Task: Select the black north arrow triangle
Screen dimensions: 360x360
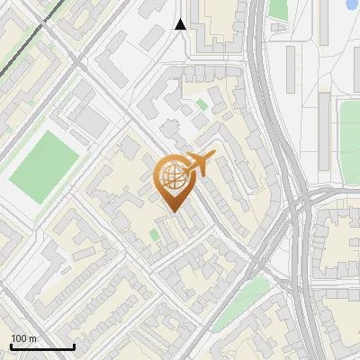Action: pyautogui.click(x=180, y=24)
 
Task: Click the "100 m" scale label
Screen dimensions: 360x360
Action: pyautogui.click(x=23, y=338)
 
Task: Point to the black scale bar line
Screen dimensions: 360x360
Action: pyautogui.click(x=42, y=346)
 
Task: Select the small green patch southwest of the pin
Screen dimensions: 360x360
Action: pyautogui.click(x=155, y=235)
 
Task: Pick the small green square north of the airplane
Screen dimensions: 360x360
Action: pyautogui.click(x=201, y=104)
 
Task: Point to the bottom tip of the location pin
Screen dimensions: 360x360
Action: pyautogui.click(x=172, y=211)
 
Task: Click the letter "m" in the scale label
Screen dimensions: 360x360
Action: pyautogui.click(x=32, y=338)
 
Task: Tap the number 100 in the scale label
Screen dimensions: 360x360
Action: pyautogui.click(x=18, y=338)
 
